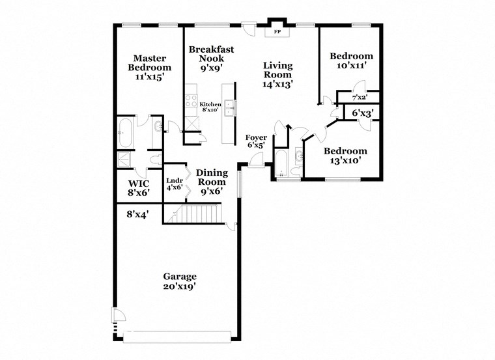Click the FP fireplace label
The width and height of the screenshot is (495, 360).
point(277,31)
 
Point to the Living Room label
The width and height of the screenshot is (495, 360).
point(277,74)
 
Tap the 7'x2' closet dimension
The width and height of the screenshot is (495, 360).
point(360,97)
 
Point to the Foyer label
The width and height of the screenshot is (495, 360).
point(256,141)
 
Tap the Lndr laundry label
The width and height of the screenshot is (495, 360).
point(174,184)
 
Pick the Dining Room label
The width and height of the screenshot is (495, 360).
point(212,182)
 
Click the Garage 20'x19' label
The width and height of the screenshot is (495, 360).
point(179,281)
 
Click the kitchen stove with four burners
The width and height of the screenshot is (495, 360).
point(192,101)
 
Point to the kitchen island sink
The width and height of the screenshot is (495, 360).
point(229,108)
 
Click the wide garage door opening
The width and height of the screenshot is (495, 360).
point(177,336)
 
